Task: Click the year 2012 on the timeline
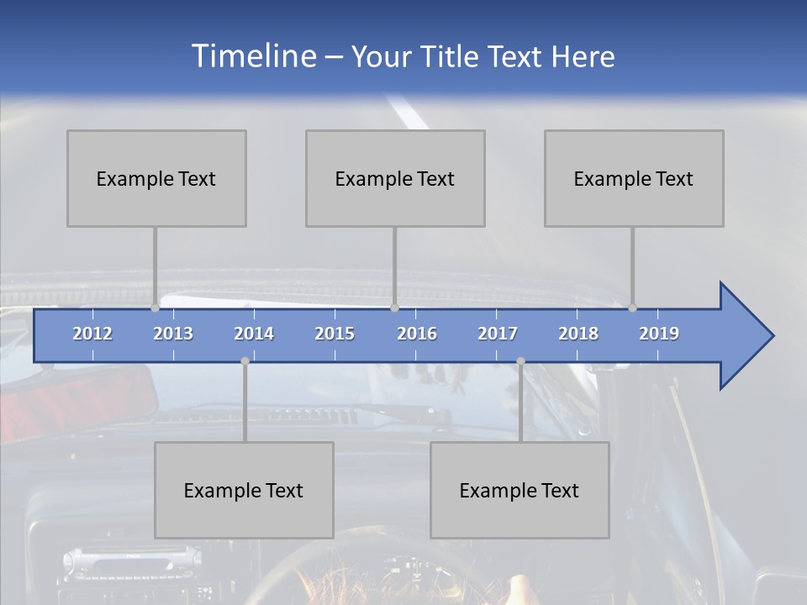pos(92,334)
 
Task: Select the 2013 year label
pos(173,334)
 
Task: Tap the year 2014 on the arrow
pos(254,334)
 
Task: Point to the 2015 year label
pos(335,334)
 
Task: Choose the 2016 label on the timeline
pos(417,334)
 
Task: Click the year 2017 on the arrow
pos(498,334)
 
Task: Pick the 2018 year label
pos(578,334)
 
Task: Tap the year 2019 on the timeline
pos(659,334)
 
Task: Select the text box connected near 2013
pos(156,178)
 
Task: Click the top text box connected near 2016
pos(395,178)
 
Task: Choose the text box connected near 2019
pos(634,178)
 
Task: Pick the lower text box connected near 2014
pos(244,490)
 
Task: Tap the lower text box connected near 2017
pos(520,490)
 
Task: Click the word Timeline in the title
pos(253,56)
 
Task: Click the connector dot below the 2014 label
pos(245,360)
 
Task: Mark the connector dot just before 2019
pos(633,308)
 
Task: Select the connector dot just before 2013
pos(156,308)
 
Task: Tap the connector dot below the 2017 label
pos(520,360)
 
